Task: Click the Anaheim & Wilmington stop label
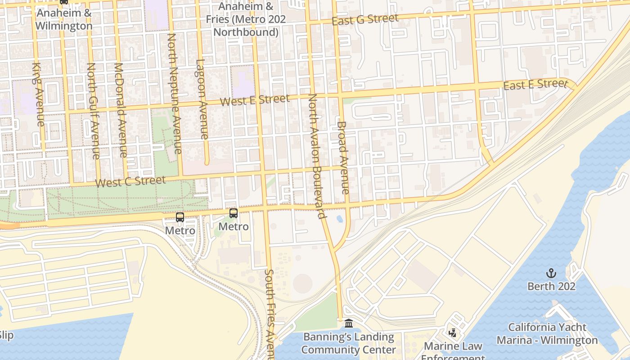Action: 64,19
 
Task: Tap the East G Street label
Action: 365,20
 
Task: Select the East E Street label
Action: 535,84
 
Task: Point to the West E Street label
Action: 255,100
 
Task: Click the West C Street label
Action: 130,182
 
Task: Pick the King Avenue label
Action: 38,94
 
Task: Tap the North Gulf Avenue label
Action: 93,111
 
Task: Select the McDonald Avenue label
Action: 121,109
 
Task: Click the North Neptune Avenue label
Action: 175,93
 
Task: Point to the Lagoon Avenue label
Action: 202,99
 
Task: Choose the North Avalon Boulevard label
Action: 317,156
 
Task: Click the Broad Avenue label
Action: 343,157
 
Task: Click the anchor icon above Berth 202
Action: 551,273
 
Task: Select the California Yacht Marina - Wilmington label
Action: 547,333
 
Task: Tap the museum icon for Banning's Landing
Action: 349,324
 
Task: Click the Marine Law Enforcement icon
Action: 453,333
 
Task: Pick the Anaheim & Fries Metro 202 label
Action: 246,19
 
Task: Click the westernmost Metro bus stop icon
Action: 180,217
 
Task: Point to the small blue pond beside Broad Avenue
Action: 339,219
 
